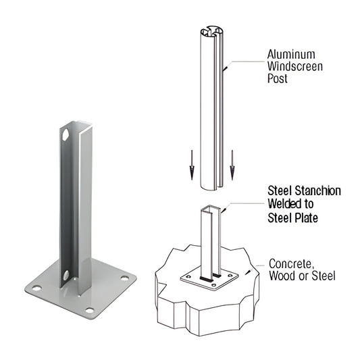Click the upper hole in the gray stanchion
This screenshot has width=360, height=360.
66,134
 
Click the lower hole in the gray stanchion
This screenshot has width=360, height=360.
66,275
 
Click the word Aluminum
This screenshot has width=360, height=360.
292,54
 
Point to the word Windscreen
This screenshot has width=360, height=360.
294,68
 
